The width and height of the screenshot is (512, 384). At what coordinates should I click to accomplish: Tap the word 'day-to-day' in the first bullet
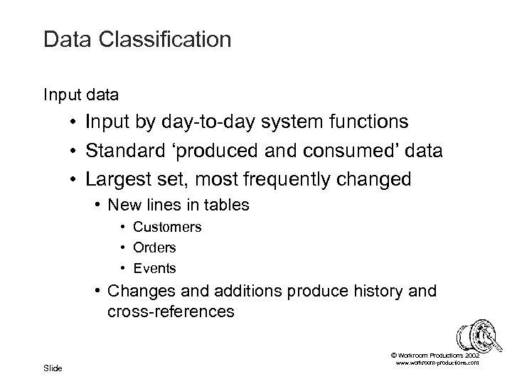pos(197,122)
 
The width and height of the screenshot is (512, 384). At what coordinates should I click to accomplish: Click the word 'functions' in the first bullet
pos(365,122)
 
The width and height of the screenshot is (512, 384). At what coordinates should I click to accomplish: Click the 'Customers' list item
pos(167,228)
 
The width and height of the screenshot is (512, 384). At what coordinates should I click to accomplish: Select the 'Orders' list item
pos(154,247)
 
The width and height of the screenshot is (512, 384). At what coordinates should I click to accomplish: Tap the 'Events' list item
pos(154,268)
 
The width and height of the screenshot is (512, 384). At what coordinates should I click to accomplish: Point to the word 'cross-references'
pos(171,311)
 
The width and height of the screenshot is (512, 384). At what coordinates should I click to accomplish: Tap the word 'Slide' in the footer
pos(53,368)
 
